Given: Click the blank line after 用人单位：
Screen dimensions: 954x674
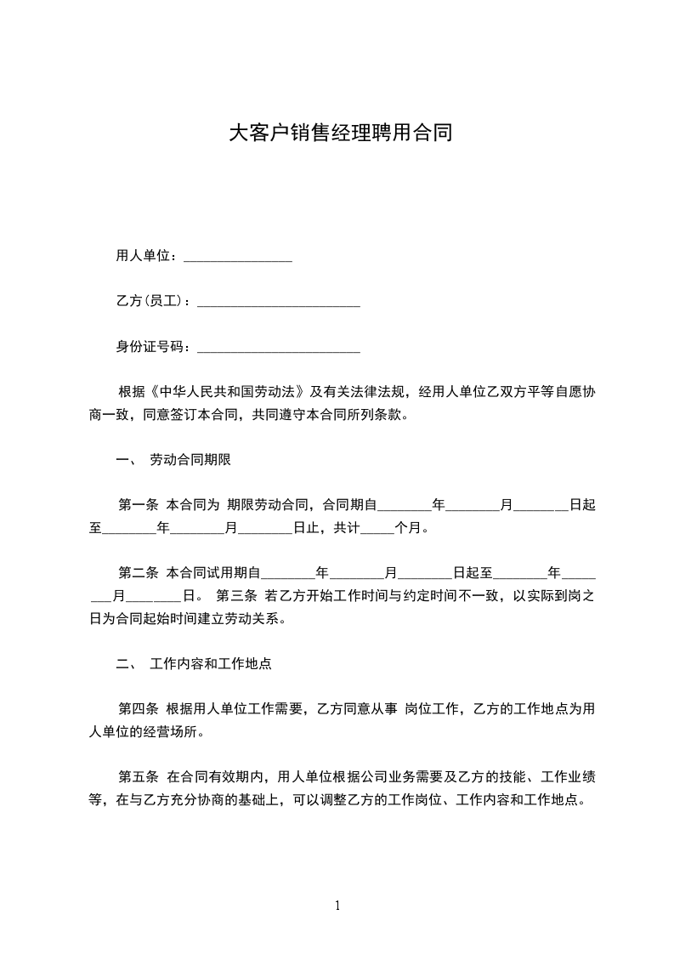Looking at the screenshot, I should tap(237, 258).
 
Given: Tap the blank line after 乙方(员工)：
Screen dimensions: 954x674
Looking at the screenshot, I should tap(278, 303).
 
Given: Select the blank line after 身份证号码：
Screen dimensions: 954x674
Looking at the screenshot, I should tap(278, 348).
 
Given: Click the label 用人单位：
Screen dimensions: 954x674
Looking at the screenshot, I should tap(147, 255).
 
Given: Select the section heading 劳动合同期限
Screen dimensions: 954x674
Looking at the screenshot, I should tap(190, 461).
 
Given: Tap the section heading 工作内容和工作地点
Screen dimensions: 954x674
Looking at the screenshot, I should tap(210, 663).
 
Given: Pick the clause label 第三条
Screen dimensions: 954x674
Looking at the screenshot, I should tap(237, 594).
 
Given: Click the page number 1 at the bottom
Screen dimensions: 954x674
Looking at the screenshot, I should tap(337, 905).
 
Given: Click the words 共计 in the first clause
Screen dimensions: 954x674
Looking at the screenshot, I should tap(348, 528).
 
